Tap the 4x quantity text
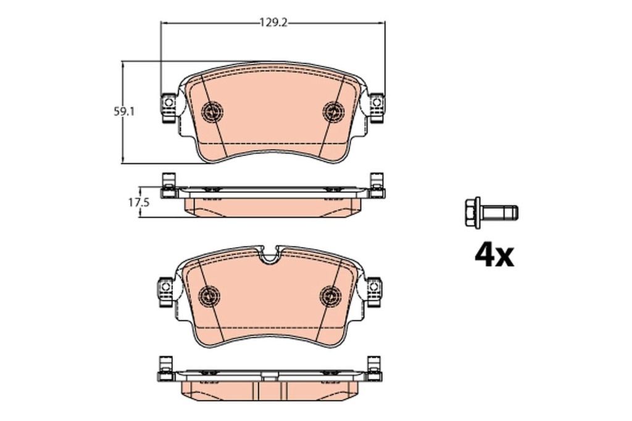tap(494, 255)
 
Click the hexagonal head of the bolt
tap(472, 213)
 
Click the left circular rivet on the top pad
tap(212, 112)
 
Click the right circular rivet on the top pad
tap(334, 111)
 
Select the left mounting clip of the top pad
tap(168, 107)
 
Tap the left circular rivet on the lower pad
tap(209, 296)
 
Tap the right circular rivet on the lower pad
tap(330, 296)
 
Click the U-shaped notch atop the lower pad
tap(270, 255)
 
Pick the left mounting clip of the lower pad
tap(164, 292)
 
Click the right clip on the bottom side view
tap(373, 369)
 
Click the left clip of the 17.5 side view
tap(167, 187)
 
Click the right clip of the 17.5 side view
tap(376, 187)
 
